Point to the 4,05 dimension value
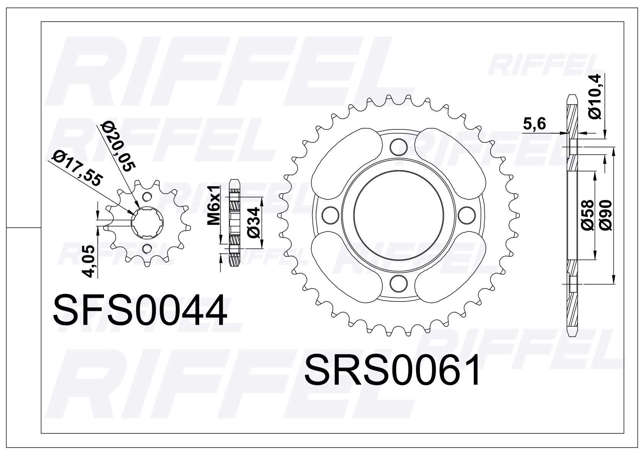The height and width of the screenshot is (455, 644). [x=89, y=262]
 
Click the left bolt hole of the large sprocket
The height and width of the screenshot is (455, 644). [x=329, y=215]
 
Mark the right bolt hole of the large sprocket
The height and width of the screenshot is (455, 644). [x=466, y=215]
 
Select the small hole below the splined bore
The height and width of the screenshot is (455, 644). [x=146, y=249]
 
